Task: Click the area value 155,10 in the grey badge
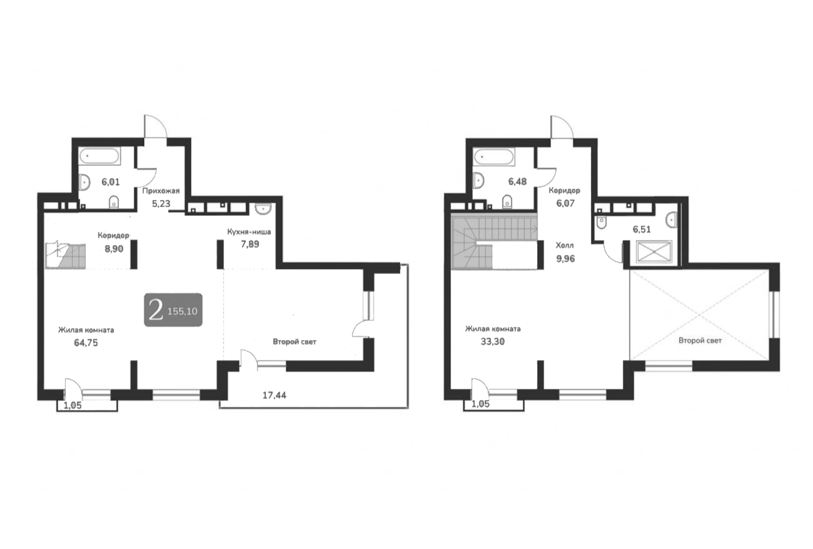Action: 182,312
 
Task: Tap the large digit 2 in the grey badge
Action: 156,311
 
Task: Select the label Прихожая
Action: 161,191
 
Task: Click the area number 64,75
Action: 86,343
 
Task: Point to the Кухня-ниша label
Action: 249,232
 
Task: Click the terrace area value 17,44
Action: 274,395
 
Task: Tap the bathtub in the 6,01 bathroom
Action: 100,157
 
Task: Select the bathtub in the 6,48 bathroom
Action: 494,157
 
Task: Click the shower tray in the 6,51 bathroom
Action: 654,252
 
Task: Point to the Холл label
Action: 565,246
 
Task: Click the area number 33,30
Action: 492,342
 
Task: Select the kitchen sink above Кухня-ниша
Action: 263,209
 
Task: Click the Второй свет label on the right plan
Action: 700,340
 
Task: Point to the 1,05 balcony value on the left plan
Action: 72,405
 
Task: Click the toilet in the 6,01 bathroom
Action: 114,202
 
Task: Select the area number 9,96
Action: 565,259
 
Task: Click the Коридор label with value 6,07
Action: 564,191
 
